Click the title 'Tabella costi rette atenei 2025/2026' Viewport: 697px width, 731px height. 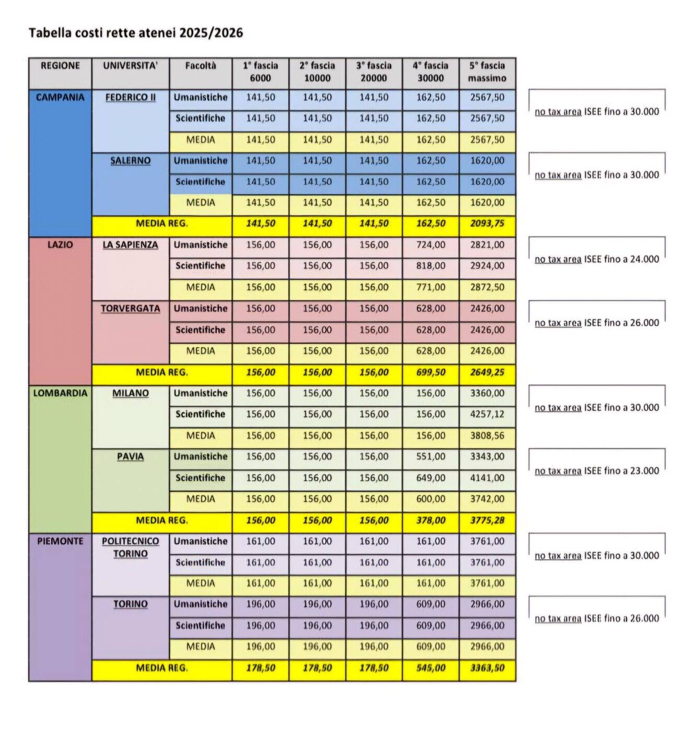(136, 33)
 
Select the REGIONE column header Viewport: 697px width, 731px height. (60, 66)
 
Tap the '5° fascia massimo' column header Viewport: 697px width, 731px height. (487, 72)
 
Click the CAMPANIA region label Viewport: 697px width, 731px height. (60, 97)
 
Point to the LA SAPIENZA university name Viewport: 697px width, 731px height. (130, 245)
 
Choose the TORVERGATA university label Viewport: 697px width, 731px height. (130, 309)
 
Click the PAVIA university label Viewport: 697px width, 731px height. (130, 457)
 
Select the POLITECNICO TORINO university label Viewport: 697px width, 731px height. (130, 547)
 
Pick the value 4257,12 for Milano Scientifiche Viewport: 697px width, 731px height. (487, 415)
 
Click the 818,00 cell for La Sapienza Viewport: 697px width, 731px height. (430, 266)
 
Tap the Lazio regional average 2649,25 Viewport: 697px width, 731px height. (487, 373)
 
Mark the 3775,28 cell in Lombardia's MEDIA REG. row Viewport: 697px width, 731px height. (487, 521)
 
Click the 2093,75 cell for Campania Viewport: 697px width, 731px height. (487, 223)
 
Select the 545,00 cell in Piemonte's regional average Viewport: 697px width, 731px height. (430, 668)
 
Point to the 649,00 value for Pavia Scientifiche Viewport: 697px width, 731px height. (430, 478)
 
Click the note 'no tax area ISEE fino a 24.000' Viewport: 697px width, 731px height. (596, 260)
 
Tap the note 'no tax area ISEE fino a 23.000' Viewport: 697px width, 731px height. (596, 471)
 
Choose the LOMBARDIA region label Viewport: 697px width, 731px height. (60, 393)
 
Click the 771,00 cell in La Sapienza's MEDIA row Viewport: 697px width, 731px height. (430, 287)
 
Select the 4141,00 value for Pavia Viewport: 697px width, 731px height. (487, 478)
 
